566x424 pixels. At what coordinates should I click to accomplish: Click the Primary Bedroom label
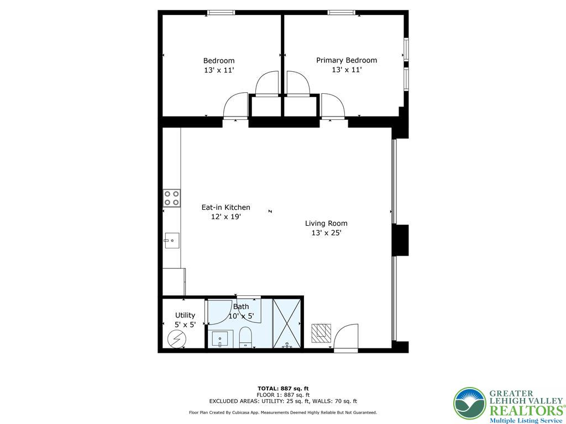click(x=346, y=60)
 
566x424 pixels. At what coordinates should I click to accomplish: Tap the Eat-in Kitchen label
click(x=226, y=208)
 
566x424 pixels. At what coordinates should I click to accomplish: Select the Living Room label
click(x=326, y=224)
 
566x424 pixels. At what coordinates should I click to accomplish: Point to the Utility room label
click(x=185, y=315)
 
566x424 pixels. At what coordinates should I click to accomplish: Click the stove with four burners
click(x=171, y=198)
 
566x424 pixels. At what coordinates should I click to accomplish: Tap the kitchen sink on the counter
click(x=171, y=239)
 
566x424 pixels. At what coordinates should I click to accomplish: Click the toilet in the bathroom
click(x=245, y=337)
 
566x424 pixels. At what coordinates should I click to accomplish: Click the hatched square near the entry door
click(x=321, y=332)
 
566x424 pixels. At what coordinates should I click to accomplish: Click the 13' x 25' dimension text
click(x=326, y=233)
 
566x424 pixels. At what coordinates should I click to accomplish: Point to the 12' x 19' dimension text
click(x=226, y=217)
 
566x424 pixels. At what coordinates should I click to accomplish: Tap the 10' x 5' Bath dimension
click(x=241, y=316)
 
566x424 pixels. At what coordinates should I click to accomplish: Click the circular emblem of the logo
click(x=469, y=404)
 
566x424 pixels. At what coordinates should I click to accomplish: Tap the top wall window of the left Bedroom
click(x=221, y=13)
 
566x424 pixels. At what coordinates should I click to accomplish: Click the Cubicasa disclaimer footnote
click(x=282, y=412)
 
